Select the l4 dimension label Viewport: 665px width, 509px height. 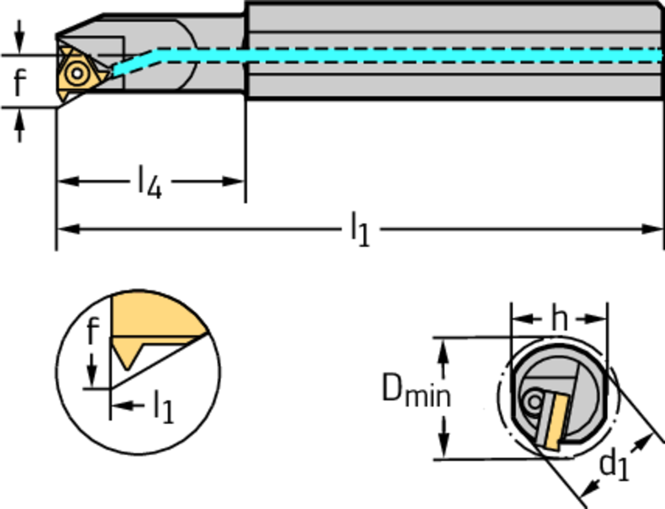pyautogui.click(x=149, y=182)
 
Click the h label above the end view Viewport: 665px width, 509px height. pyautogui.click(x=559, y=318)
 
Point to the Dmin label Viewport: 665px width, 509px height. pyautogui.click(x=415, y=390)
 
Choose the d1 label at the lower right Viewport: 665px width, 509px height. pyautogui.click(x=614, y=466)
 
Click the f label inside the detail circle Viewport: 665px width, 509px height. pyautogui.click(x=93, y=332)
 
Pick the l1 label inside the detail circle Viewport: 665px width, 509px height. pyautogui.click(x=163, y=408)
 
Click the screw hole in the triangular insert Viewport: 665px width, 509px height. pyautogui.click(x=77, y=74)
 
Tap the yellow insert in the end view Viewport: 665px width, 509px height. pyautogui.click(x=553, y=421)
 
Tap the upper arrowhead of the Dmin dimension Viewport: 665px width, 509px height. pyautogui.click(x=444, y=349)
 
